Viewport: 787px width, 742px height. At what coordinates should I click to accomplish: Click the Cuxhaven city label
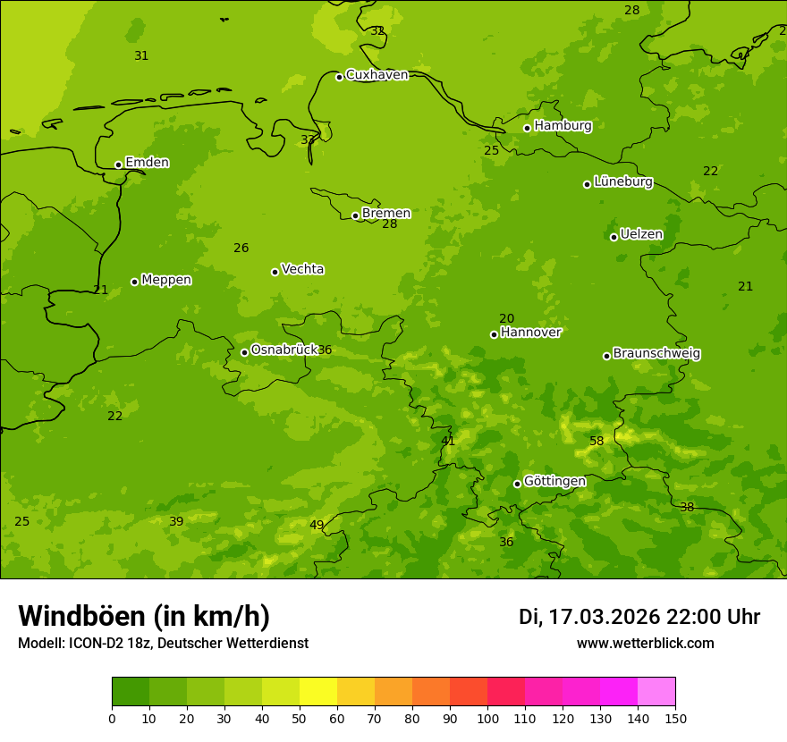(377, 75)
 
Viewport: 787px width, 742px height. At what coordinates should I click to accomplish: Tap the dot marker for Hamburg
(528, 128)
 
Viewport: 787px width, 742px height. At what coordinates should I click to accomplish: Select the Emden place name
(147, 163)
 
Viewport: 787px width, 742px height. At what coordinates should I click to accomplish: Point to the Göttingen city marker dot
(517, 484)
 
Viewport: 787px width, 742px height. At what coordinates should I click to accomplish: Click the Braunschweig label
(656, 354)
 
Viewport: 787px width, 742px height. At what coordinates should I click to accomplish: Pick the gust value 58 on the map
(597, 442)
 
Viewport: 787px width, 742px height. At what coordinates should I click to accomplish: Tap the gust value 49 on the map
(317, 525)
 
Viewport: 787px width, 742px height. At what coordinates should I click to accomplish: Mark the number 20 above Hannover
(506, 319)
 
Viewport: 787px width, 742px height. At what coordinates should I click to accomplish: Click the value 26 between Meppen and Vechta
(241, 249)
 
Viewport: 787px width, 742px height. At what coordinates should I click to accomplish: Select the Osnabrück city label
(283, 350)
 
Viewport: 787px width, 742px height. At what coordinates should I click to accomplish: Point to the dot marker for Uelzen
(614, 237)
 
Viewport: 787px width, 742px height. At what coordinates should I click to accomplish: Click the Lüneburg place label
(622, 181)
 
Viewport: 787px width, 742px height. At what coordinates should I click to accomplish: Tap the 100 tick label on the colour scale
(487, 718)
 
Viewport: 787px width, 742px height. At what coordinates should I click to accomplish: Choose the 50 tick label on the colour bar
(300, 718)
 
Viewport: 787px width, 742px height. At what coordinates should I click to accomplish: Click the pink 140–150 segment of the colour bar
(656, 692)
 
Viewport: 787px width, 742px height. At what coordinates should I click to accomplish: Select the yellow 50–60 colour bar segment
(318, 692)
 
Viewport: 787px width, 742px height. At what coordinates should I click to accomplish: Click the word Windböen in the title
(81, 616)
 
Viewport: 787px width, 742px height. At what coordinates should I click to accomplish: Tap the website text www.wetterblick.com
(645, 644)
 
